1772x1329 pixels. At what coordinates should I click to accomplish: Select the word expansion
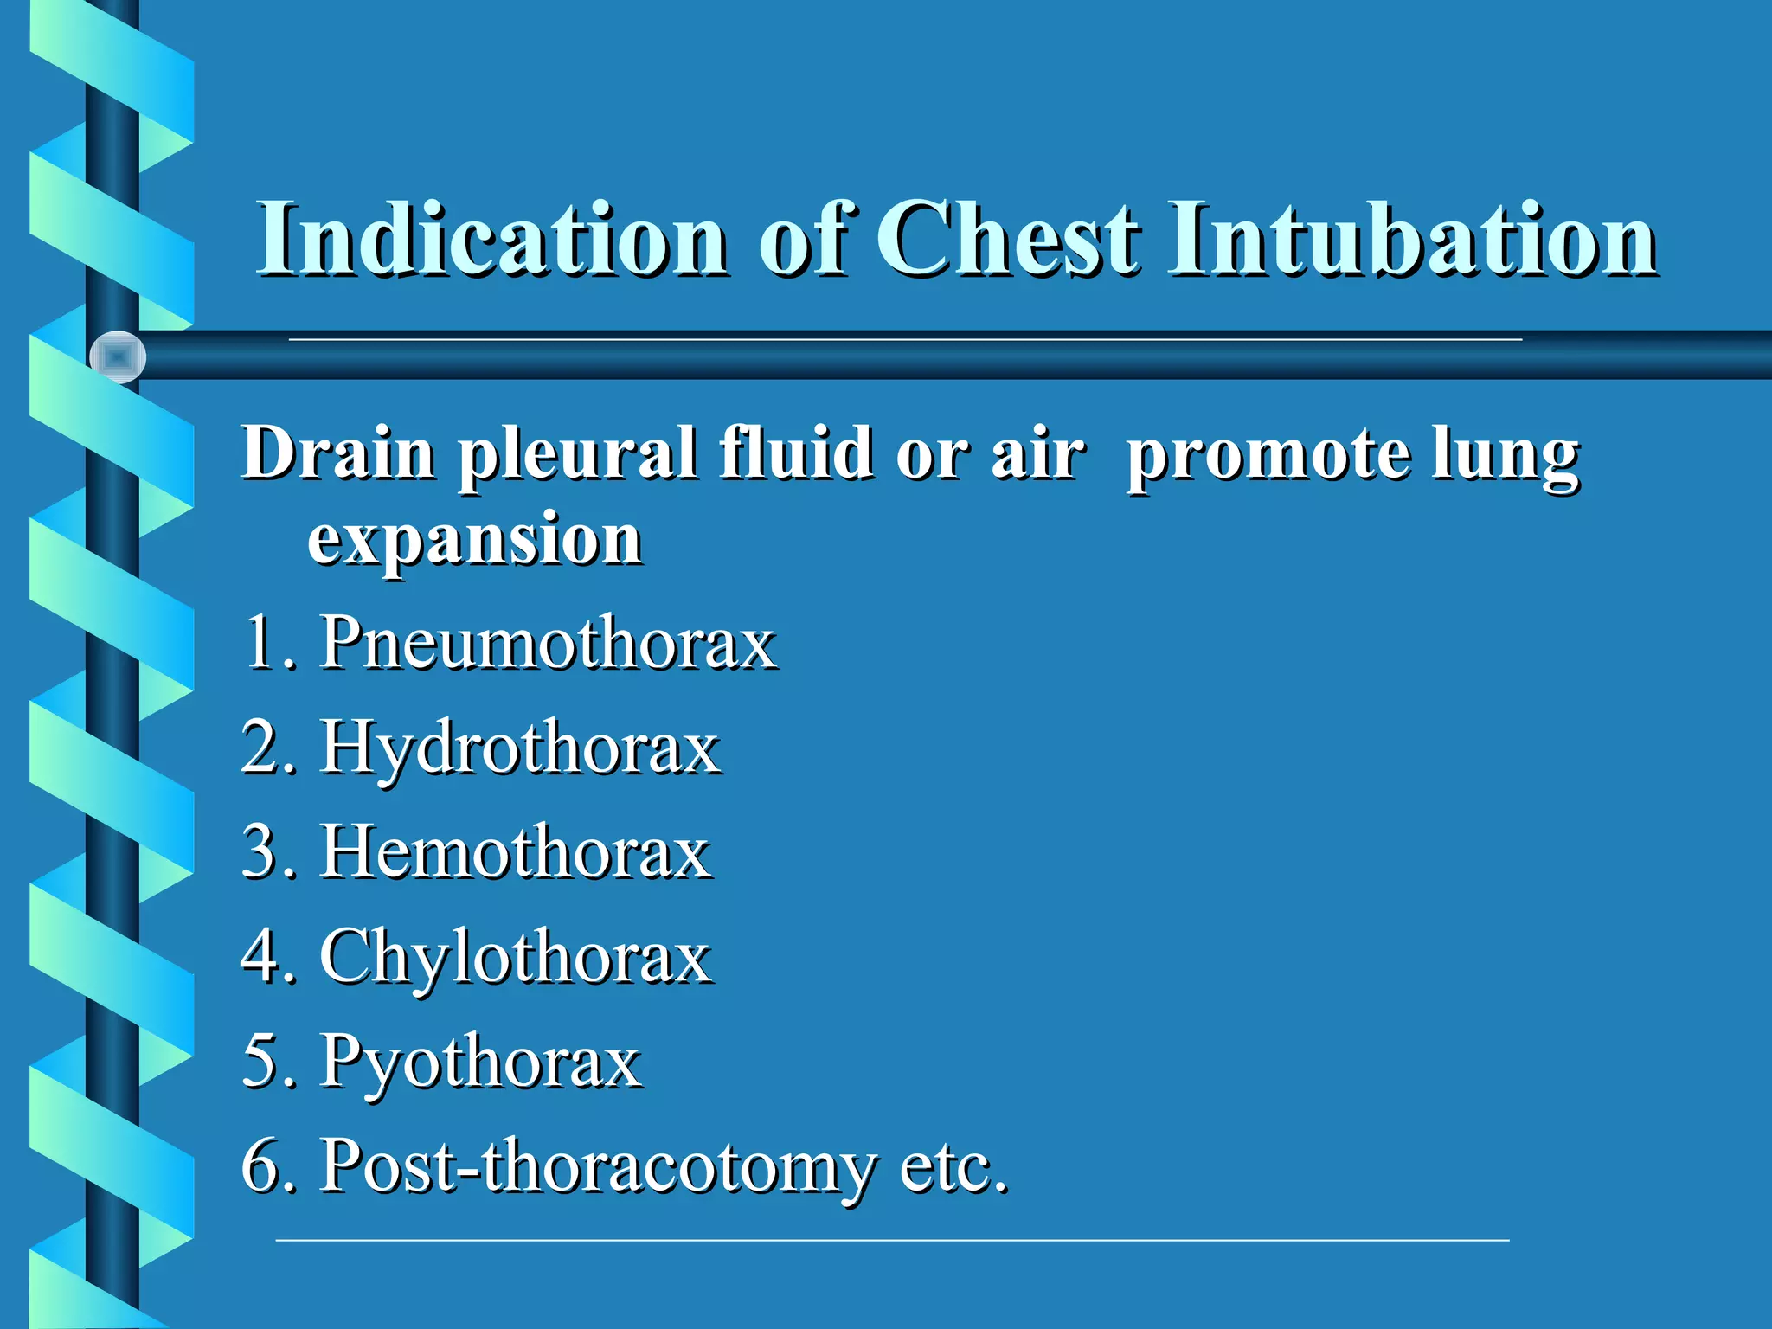pos(475,541)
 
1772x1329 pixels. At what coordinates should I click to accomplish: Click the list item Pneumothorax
pos(549,643)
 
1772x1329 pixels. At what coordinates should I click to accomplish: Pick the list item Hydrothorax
pos(520,748)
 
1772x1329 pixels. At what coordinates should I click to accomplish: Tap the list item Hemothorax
pos(516,852)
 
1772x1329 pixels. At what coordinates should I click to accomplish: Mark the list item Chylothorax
pos(516,958)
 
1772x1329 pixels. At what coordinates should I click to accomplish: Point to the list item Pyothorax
pos(481,1063)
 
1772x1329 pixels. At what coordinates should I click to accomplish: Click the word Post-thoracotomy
pos(598,1166)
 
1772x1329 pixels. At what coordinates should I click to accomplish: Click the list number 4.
pos(260,958)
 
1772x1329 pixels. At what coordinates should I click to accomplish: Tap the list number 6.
pos(260,1166)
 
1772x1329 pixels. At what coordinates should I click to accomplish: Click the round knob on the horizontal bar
pos(118,356)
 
